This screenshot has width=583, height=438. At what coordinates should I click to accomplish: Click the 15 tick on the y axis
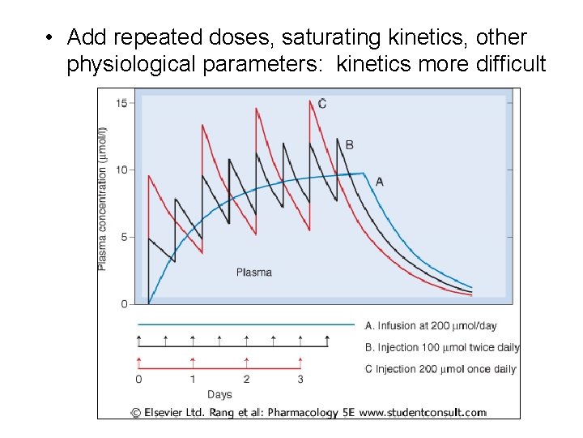121,103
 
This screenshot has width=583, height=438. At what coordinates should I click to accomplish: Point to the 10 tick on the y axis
121,170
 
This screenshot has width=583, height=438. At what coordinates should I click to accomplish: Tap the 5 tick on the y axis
123,238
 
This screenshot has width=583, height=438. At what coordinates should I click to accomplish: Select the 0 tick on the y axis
123,304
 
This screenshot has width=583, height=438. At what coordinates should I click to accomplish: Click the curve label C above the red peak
322,103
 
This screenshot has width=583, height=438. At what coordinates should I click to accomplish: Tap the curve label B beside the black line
349,145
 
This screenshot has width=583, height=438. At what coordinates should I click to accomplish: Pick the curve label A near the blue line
379,182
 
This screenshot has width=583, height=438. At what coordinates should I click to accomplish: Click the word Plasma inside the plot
253,273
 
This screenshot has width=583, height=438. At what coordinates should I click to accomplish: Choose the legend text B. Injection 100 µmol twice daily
442,348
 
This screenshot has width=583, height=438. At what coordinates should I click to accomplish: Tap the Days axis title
219,395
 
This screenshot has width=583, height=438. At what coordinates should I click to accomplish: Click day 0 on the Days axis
138,380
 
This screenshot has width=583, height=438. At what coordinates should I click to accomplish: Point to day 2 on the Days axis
246,380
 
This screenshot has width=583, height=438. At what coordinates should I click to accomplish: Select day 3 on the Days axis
300,380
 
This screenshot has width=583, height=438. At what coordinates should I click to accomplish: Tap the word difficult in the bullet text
507,63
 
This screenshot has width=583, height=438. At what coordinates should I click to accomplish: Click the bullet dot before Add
50,38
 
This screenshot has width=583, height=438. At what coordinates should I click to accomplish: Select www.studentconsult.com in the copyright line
423,412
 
